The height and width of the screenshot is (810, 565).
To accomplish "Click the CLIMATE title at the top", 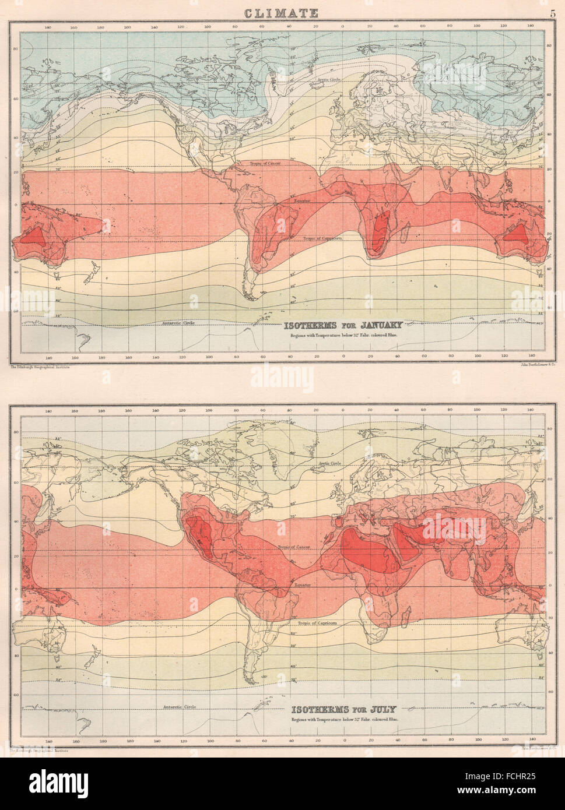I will coord(280,13).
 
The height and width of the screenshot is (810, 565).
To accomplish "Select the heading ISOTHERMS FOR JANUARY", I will coord(343,325).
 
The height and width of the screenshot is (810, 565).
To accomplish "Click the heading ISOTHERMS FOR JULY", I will coord(343,709).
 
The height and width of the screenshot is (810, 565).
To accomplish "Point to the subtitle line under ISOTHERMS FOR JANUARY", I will coord(343,336).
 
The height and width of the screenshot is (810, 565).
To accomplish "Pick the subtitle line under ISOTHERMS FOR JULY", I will coord(343,720).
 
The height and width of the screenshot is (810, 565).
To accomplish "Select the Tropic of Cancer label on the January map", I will coord(265,164).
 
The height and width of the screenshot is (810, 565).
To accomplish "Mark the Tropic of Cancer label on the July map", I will coord(293,548).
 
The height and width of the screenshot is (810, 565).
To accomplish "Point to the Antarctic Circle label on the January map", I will coord(176,322).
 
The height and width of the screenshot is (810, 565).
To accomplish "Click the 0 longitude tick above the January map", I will coord(343,27).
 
